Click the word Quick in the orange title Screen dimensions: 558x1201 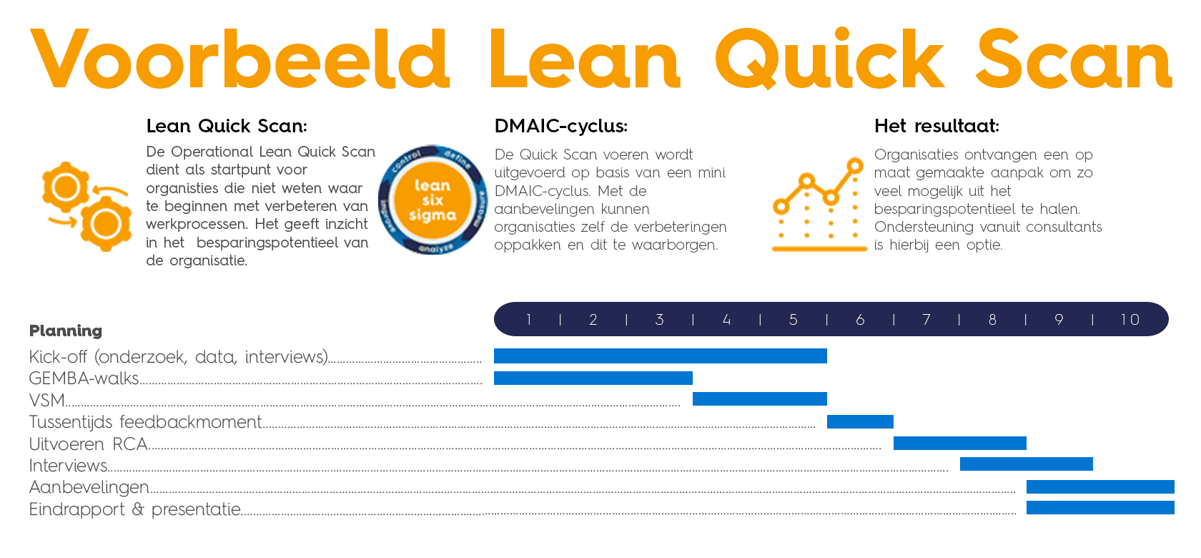click(829, 60)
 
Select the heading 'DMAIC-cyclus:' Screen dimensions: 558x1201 click(560, 127)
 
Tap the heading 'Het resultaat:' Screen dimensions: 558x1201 click(936, 127)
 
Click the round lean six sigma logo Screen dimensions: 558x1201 click(433, 200)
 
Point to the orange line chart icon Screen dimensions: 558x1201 click(819, 205)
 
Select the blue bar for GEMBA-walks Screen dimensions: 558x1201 click(593, 378)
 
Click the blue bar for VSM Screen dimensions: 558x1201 click(759, 399)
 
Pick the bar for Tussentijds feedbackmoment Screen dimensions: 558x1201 click(860, 421)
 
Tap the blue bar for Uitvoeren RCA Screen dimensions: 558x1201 click(959, 444)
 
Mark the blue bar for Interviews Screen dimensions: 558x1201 click(1026, 464)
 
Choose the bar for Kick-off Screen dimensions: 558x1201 click(660, 356)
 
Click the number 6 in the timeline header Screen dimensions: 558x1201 click(860, 320)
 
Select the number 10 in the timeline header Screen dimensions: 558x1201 click(1130, 320)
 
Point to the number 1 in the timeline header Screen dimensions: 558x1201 click(528, 320)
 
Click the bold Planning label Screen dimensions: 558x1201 click(66, 331)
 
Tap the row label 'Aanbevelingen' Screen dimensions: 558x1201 click(89, 487)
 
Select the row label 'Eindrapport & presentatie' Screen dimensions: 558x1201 click(134, 509)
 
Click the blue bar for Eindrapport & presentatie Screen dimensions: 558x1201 click(1099, 508)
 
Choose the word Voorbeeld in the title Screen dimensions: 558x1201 click(239, 60)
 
